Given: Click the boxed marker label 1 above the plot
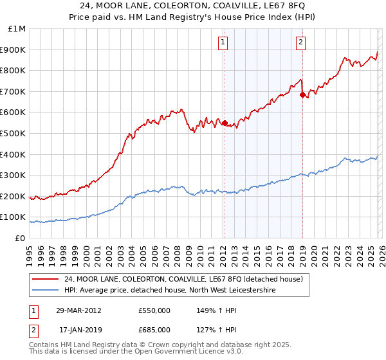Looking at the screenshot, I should tap(223, 43).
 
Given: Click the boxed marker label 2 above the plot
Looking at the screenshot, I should tap(300, 43).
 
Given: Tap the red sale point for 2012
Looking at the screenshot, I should tap(225, 123).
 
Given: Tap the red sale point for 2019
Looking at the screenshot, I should tap(302, 94).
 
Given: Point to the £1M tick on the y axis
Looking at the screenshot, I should tap(17, 29).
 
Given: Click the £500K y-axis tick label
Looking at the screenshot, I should tap(13, 134).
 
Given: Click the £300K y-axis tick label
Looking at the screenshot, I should tap(13, 175).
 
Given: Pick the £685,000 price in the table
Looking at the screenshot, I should tap(154, 330).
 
